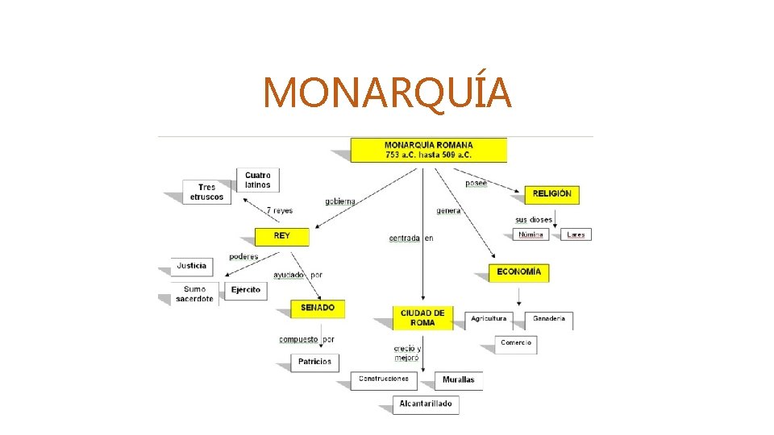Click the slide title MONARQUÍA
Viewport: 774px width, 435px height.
pos(387,93)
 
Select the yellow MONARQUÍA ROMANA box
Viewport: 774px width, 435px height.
pos(428,150)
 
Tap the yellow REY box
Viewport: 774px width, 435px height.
pos(282,236)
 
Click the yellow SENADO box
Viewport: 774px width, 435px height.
pos(318,309)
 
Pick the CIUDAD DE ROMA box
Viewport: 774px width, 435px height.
pos(422,317)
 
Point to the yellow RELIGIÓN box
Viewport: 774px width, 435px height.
pos(552,194)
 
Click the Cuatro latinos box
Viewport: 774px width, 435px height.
pos(258,180)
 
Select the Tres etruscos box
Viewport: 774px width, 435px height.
pos(207,193)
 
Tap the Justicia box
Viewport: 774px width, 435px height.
pos(192,266)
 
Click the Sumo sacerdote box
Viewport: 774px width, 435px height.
pos(194,294)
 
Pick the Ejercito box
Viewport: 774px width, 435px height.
pos(246,290)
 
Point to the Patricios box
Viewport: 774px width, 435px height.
pos(314,362)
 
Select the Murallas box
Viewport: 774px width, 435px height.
pos(459,379)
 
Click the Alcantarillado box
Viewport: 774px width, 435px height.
pos(426,404)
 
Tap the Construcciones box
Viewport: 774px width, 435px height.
pos(384,379)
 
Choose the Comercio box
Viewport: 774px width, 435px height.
pos(516,343)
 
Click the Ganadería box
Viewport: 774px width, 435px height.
pos(549,319)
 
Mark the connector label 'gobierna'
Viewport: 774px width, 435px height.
pos(340,201)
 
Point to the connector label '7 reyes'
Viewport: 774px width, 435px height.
pos(280,211)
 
